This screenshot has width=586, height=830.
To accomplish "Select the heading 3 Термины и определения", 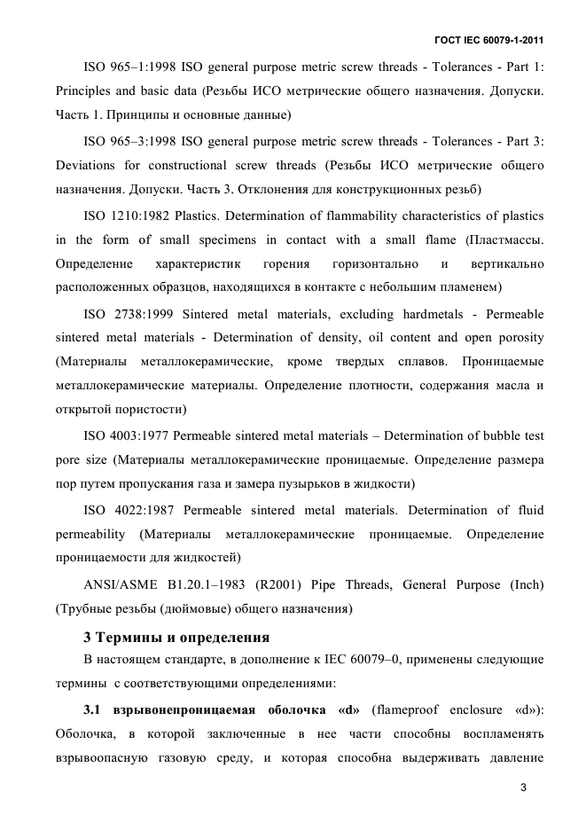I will pos(176,638).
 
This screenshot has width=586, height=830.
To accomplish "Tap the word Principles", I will pos(82,91).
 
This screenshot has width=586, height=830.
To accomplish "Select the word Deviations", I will pos(86,166).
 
